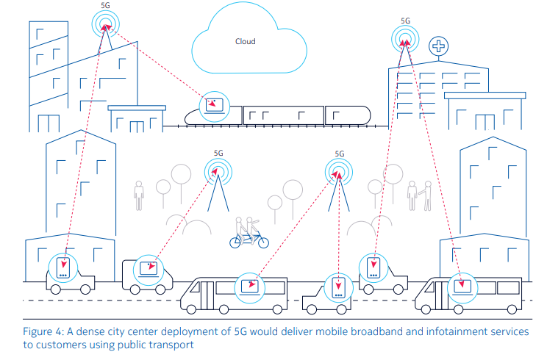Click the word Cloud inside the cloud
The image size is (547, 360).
(245, 42)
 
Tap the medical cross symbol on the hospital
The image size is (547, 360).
(438, 46)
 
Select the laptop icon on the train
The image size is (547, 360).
(215, 104)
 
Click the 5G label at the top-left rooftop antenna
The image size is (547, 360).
(107, 5)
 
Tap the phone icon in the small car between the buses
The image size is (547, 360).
(338, 286)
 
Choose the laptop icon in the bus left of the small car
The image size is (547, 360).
(251, 284)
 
